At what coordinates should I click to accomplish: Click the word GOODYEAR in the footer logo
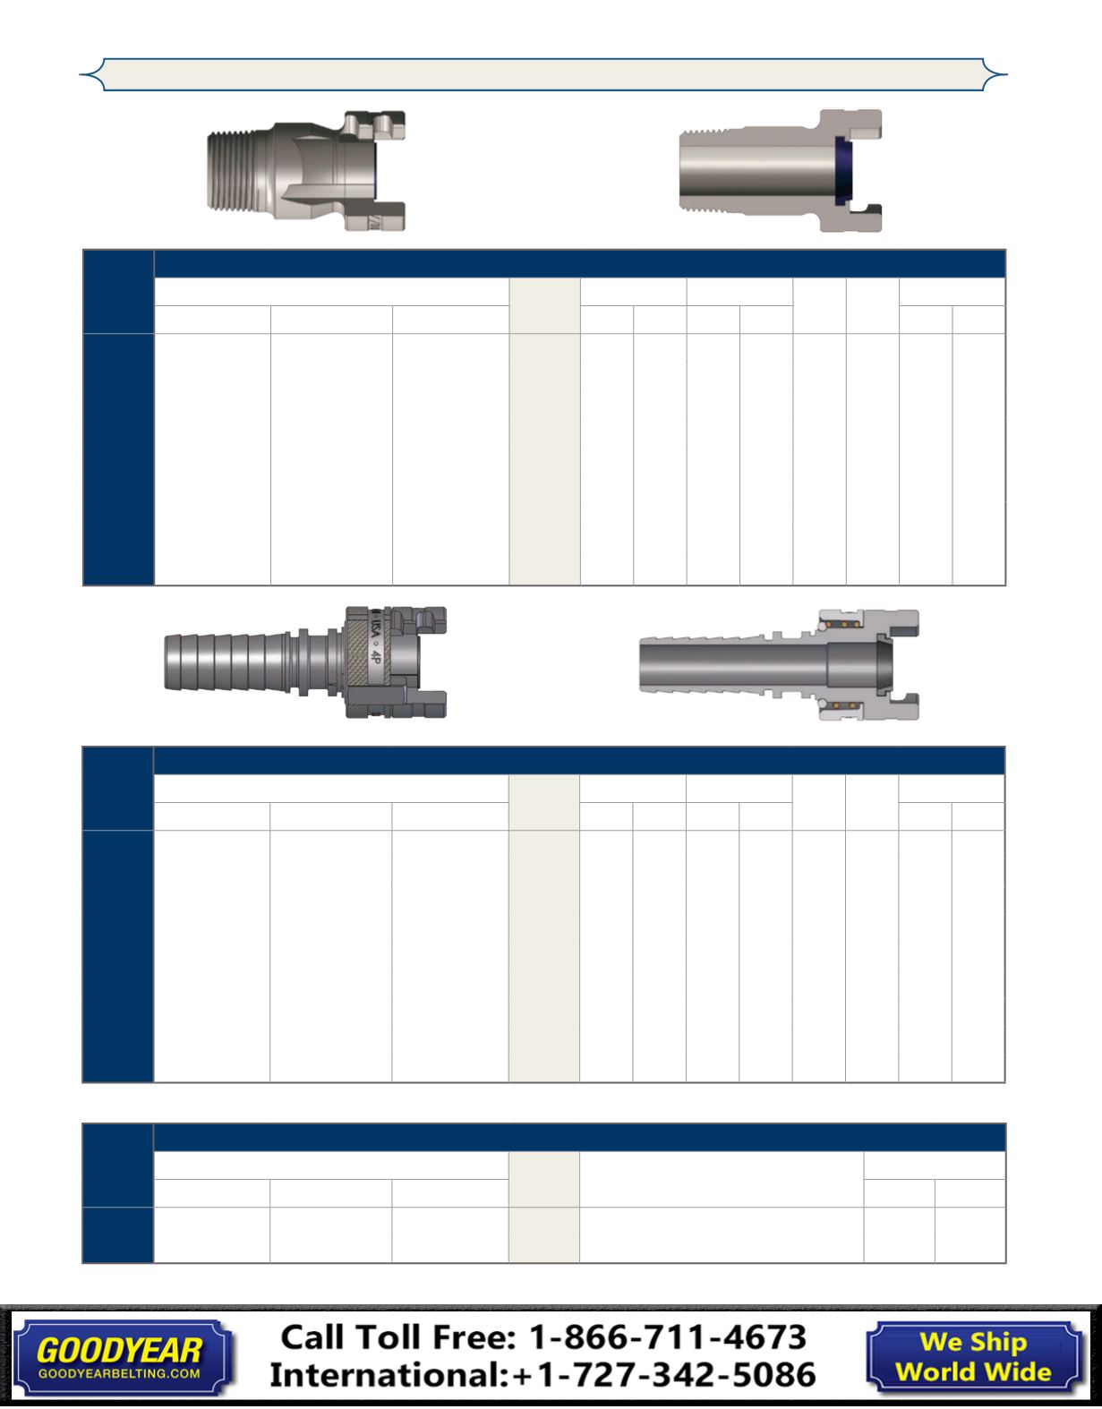click(x=119, y=1351)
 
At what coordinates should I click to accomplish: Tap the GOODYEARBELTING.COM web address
click(x=119, y=1373)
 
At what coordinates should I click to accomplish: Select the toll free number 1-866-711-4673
click(x=668, y=1337)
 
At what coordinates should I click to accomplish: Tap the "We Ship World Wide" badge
click(x=973, y=1356)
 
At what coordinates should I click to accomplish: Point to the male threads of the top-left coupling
click(x=241, y=170)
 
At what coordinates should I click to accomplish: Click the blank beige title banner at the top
click(x=543, y=74)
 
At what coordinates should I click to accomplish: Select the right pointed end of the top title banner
click(x=1007, y=74)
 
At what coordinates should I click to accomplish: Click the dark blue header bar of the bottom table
click(x=579, y=1137)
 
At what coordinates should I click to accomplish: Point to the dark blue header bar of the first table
click(x=579, y=264)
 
